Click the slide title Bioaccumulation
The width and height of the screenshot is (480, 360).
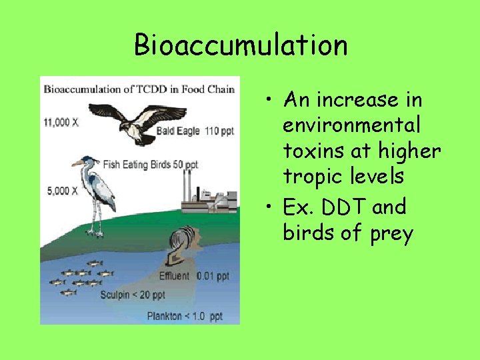point(241,45)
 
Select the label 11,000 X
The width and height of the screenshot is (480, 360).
point(61,122)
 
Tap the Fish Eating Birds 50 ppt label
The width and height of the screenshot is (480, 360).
point(151,164)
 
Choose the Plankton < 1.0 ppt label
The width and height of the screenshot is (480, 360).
point(185,316)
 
